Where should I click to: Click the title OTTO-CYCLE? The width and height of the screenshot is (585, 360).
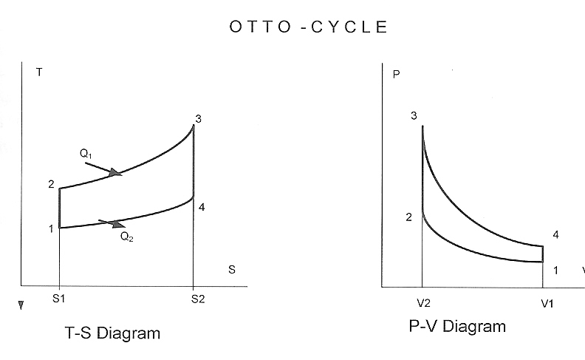(309, 28)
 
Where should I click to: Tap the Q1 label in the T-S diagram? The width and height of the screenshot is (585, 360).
(86, 153)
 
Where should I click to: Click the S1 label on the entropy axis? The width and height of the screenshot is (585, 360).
(58, 301)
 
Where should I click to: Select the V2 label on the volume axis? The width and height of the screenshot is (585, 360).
(422, 303)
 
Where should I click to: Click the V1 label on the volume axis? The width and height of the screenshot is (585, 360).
(547, 303)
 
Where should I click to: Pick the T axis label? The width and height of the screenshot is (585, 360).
(38, 72)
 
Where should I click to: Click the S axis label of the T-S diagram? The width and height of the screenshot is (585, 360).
(231, 270)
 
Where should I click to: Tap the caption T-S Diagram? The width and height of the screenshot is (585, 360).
(112, 333)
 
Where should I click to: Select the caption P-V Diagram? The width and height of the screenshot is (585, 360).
(457, 326)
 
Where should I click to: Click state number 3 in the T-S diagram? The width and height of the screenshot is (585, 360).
(197, 118)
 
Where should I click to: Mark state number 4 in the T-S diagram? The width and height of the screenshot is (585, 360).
(201, 207)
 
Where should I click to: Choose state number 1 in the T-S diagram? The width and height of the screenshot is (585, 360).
(51, 228)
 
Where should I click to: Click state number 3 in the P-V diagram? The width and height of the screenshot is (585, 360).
(414, 116)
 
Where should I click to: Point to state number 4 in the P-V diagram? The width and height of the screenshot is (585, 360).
(555, 234)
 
